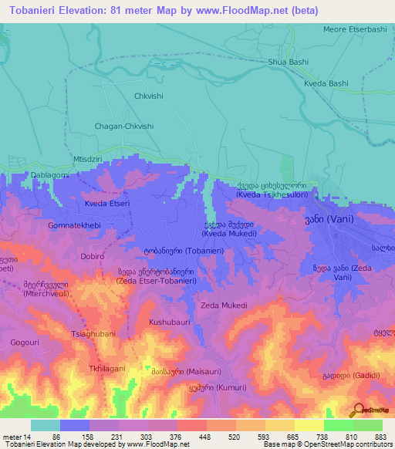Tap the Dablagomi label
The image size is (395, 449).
pos(29,175)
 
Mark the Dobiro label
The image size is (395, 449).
pos(93,256)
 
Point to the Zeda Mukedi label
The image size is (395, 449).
pos(224,306)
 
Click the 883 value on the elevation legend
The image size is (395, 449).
pos(381,437)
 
